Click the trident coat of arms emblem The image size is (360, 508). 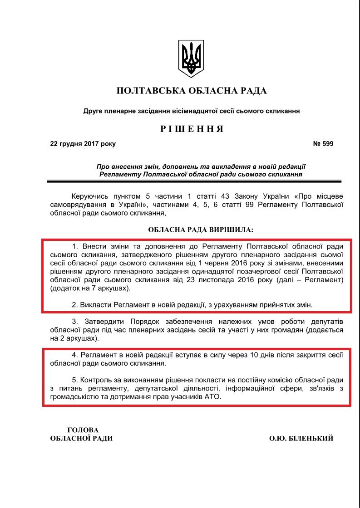coord(191,59)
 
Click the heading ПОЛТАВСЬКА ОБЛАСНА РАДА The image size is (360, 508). coord(192,91)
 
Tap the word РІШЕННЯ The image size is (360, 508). coord(192,129)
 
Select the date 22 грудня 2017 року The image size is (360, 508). coord(83,144)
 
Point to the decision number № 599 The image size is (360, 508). coord(323,144)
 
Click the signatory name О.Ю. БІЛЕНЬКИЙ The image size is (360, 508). coord(301,438)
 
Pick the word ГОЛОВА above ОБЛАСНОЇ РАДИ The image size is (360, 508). coord(83,430)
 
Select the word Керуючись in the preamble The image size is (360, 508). coord(89,196)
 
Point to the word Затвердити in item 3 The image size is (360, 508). coord(100,322)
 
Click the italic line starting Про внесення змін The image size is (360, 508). coord(201,166)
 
